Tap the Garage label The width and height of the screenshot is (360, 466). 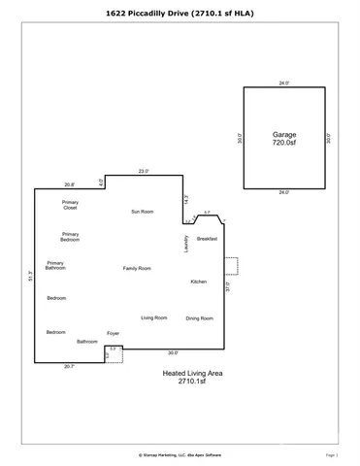pyautogui.click(x=283, y=134)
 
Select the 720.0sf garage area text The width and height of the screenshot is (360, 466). pyautogui.click(x=283, y=143)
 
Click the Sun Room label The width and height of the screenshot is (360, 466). pyautogui.click(x=144, y=211)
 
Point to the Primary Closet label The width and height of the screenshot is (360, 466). pyautogui.click(x=70, y=205)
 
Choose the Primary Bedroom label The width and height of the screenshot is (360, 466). pyautogui.click(x=70, y=236)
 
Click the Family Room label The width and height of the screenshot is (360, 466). pyautogui.click(x=136, y=268)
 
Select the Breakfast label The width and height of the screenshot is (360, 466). pyautogui.click(x=207, y=238)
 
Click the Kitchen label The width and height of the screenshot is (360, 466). pyautogui.click(x=198, y=282)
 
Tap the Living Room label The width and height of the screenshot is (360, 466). pyautogui.click(x=153, y=317)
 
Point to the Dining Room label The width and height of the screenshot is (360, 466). pyautogui.click(x=200, y=317)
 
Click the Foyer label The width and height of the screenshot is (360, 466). pyautogui.click(x=113, y=333)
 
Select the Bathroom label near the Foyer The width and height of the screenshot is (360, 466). pyautogui.click(x=88, y=341)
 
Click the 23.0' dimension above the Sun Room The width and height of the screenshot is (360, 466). pyautogui.click(x=144, y=171)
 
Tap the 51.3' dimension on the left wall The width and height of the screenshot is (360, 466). pyautogui.click(x=31, y=276)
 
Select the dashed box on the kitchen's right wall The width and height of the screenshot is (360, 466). pyautogui.click(x=230, y=265)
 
